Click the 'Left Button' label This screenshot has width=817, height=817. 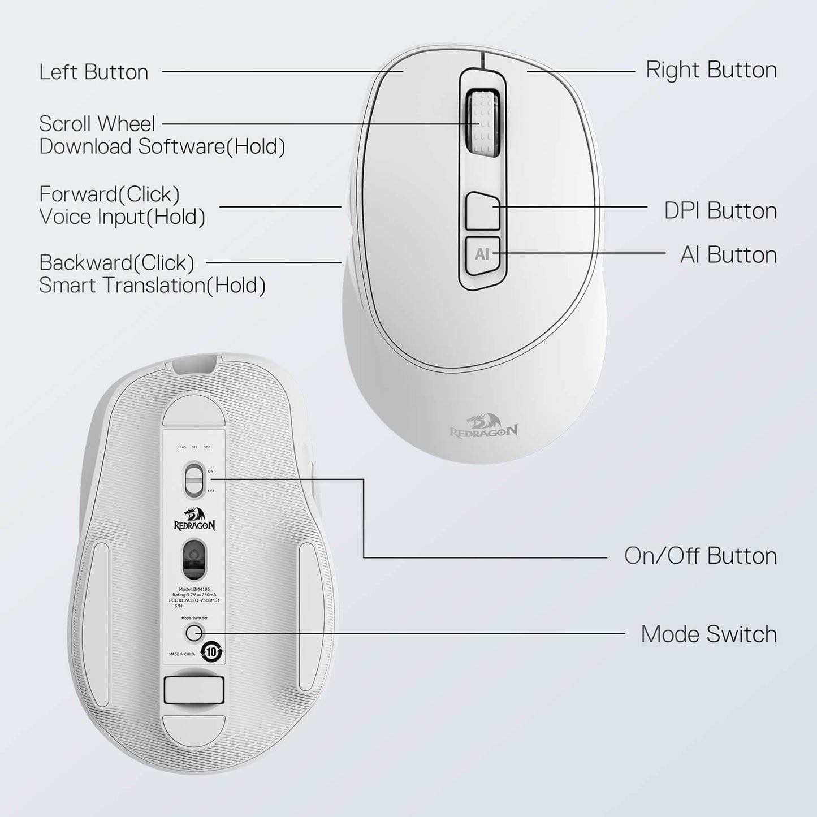click(94, 72)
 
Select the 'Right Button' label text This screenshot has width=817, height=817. click(711, 70)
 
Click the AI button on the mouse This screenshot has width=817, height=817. click(482, 254)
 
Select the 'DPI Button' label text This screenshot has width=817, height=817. click(720, 211)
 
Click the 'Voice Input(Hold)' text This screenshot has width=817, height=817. click(122, 217)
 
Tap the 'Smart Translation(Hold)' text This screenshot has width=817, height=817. click(152, 286)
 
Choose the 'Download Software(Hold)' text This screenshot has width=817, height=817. click(162, 146)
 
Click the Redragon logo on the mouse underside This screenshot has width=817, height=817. click(194, 519)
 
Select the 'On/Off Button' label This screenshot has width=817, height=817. click(700, 556)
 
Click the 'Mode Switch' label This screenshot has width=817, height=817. click(708, 634)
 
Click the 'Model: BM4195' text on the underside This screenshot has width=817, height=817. click(194, 589)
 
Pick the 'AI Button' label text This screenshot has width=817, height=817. click(728, 255)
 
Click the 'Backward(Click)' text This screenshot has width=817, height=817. click(116, 263)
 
